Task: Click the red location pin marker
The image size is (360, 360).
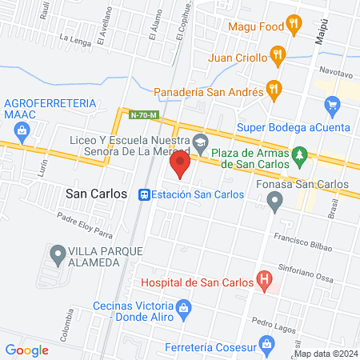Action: pyautogui.click(x=180, y=166)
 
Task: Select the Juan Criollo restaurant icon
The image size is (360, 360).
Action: pyautogui.click(x=278, y=55)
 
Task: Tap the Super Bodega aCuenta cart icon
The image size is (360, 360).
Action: pyautogui.click(x=333, y=105)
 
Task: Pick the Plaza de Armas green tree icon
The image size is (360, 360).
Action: pyautogui.click(x=300, y=153)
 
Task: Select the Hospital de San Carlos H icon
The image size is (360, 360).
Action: pyautogui.click(x=263, y=279)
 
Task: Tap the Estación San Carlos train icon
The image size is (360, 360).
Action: pyautogui.click(x=144, y=194)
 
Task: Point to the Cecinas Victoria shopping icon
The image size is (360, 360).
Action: pyautogui.click(x=183, y=307)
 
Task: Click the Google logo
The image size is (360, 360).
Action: pyautogui.click(x=27, y=350)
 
